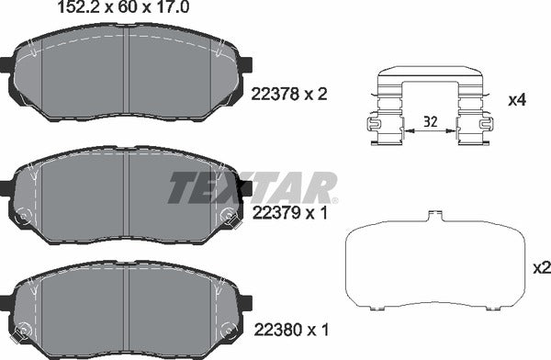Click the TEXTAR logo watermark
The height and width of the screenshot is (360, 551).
[252, 188]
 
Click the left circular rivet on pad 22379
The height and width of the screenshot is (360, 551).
[25, 218]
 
